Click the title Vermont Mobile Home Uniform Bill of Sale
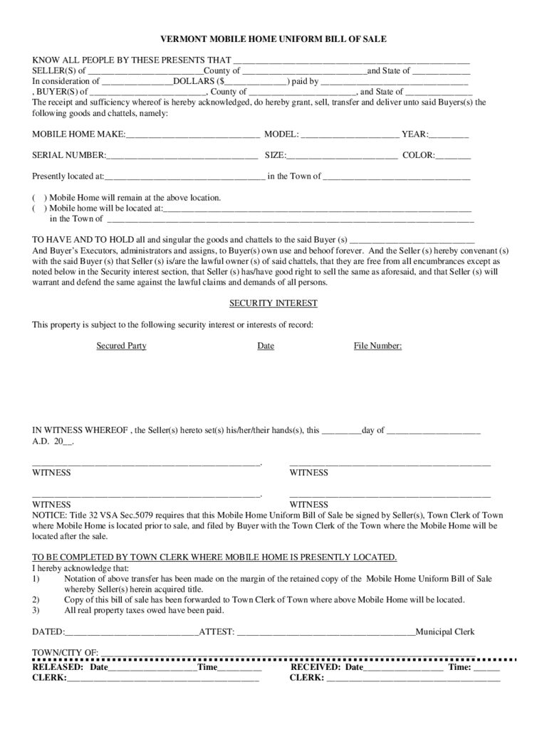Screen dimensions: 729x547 pos(273,39)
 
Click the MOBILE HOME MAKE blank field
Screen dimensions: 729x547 pos(192,135)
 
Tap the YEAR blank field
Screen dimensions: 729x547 pos(449,135)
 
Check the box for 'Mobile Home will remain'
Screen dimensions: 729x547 pos(39,198)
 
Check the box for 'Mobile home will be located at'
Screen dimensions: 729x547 pos(39,209)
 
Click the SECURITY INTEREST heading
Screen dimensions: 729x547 pos(273,303)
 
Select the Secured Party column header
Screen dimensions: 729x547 pos(122,346)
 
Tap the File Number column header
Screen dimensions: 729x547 pos(377,346)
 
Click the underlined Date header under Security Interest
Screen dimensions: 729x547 pos(266,346)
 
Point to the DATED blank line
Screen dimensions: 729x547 pos(132,632)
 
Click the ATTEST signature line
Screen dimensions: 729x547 pos(325,632)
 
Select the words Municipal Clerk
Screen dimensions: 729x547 pos(444,632)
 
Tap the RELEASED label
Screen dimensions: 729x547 pos(58,668)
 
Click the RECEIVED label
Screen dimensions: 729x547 pos(316,668)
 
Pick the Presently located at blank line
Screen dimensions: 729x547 pos(185,177)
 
